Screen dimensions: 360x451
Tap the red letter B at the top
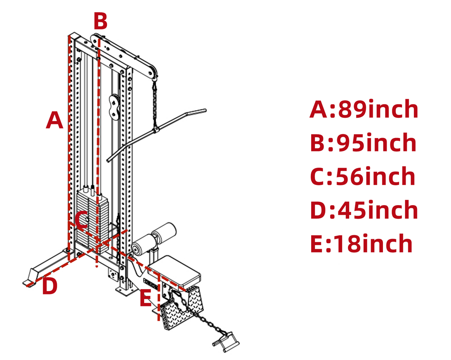[100, 22]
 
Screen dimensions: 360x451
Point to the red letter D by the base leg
[50, 286]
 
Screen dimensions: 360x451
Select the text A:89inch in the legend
[364, 110]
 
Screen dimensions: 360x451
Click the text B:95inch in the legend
[363, 143]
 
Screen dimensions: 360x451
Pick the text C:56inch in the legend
[362, 176]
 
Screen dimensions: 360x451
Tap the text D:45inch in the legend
[364, 210]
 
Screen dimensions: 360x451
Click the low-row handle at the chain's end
[226, 343]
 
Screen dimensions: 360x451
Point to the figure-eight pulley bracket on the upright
[114, 107]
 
